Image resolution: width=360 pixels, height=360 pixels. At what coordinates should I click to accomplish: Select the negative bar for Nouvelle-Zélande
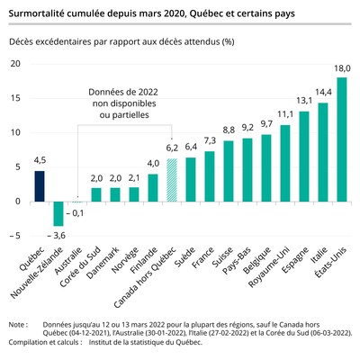58,213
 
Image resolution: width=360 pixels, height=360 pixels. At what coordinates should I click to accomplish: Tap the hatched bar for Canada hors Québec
172,179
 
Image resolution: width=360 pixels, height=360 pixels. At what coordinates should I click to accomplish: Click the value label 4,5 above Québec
40,162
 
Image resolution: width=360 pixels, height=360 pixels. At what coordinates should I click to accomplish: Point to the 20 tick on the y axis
15,63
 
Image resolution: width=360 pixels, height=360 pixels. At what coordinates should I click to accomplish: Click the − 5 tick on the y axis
15,236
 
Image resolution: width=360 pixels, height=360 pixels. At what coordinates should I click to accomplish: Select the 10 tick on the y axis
15,132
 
